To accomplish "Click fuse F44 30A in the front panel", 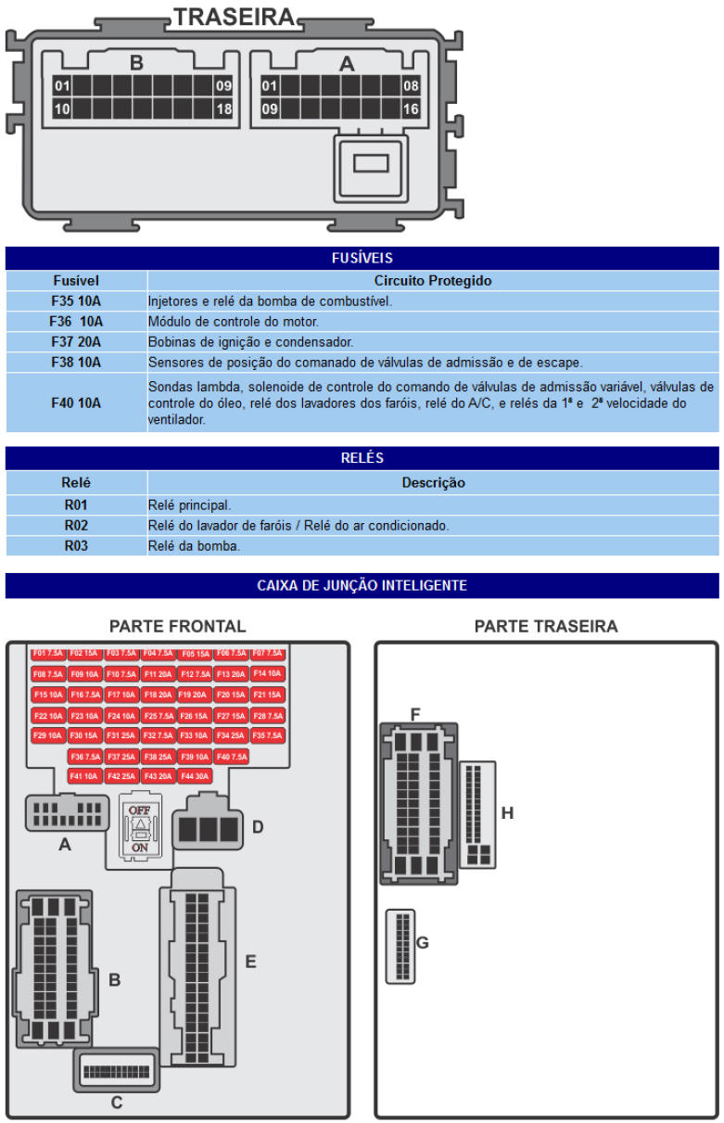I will point(195,776).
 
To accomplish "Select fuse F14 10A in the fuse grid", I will point(267,674).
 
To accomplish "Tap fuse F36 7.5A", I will point(85,757).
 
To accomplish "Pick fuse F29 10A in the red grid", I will point(48,735).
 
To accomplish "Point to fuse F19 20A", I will point(194,695).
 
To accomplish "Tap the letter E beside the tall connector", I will point(250,962).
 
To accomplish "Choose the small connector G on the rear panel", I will point(400,946).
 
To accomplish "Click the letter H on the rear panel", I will point(507,813).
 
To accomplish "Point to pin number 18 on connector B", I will point(223,109).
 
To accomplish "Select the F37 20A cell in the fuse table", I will point(76,341).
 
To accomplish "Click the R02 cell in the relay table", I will point(76,526).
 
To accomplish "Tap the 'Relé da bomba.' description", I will point(195,546).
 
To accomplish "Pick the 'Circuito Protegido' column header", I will point(433,280).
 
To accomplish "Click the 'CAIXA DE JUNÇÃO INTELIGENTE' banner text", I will point(362,586).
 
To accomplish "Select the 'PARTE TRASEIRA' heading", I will point(545,627).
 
